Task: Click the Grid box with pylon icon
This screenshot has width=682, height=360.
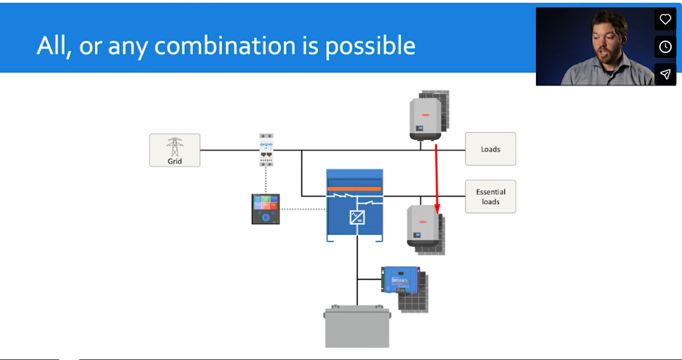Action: (x=175, y=150)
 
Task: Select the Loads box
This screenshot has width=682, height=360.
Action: (x=490, y=149)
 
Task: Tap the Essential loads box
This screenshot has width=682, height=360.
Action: (x=490, y=197)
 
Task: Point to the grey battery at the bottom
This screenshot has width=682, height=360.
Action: (x=356, y=327)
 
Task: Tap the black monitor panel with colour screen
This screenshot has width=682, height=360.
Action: (x=266, y=209)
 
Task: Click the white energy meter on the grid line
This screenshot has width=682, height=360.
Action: (x=266, y=149)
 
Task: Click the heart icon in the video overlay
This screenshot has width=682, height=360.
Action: (x=665, y=19)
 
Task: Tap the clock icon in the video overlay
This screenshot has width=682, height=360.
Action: (x=665, y=47)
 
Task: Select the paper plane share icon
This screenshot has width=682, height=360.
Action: (x=665, y=74)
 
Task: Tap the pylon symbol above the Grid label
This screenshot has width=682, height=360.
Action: (x=175, y=146)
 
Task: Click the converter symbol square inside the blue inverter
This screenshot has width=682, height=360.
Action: (x=356, y=218)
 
